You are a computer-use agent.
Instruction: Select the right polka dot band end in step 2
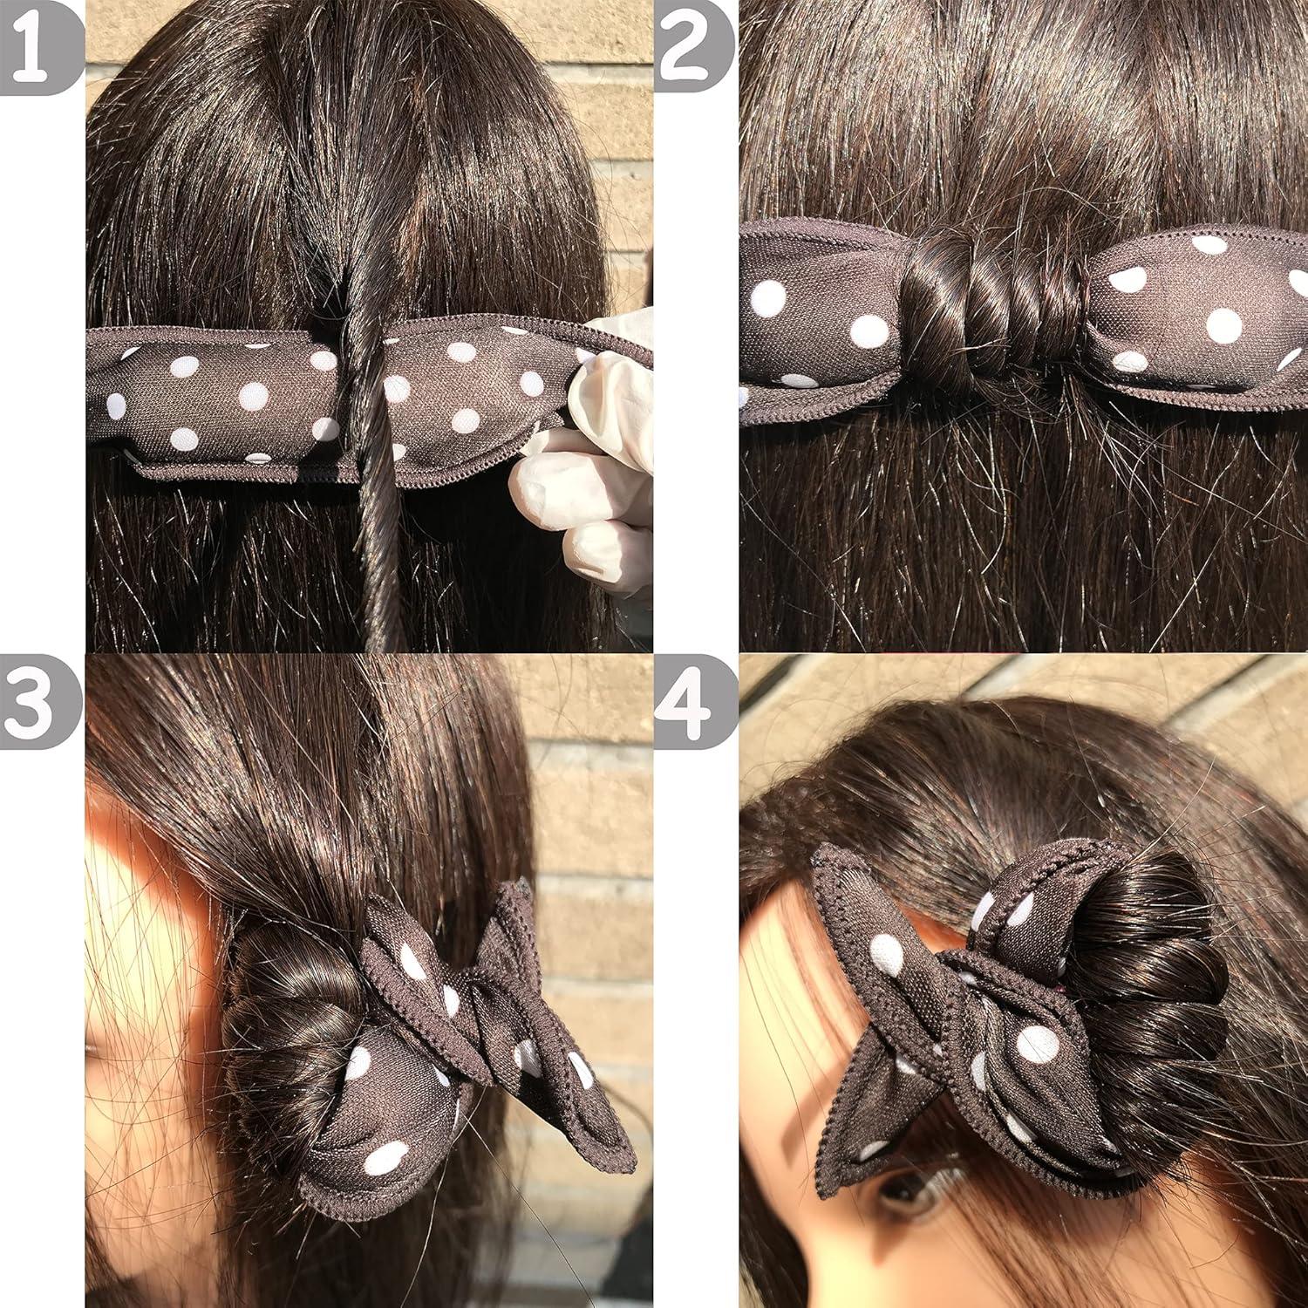(x=1195, y=314)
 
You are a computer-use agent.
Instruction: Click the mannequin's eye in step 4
(x=907, y=1203)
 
